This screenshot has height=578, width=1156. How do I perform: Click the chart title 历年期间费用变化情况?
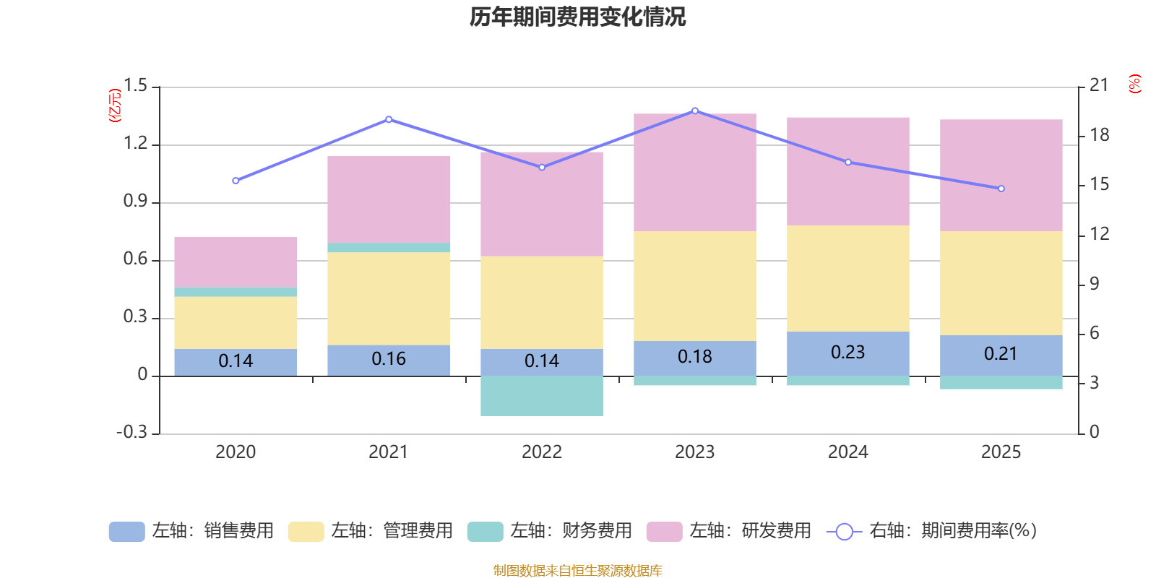click(x=577, y=17)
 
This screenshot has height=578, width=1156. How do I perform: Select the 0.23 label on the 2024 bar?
click(x=847, y=353)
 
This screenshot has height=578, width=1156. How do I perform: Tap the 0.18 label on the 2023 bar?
click(x=694, y=357)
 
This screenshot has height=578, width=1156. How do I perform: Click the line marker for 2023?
click(x=695, y=111)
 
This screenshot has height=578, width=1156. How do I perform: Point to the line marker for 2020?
click(x=236, y=181)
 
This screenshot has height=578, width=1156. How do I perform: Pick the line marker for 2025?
click(x=1001, y=189)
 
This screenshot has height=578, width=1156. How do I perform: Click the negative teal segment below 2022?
click(x=542, y=396)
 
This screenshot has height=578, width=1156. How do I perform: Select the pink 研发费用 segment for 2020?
click(x=236, y=262)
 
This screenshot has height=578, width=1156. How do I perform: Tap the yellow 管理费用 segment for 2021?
click(x=389, y=298)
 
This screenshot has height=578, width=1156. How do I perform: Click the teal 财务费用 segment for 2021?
click(x=389, y=247)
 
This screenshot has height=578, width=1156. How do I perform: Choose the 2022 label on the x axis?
click(x=542, y=452)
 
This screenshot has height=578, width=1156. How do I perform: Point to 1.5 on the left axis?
click(x=135, y=86)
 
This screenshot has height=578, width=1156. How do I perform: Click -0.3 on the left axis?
click(x=131, y=432)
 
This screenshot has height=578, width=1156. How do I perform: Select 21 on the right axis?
click(x=1099, y=85)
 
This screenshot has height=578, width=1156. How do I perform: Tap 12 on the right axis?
click(x=1100, y=234)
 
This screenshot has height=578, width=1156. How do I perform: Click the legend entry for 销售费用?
click(x=191, y=531)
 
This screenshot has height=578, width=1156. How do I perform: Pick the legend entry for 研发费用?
click(x=729, y=531)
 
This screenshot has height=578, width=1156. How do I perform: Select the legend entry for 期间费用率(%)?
click(x=932, y=531)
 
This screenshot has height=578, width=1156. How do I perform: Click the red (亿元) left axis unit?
click(x=114, y=105)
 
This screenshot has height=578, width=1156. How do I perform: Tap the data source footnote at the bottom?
click(x=577, y=571)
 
